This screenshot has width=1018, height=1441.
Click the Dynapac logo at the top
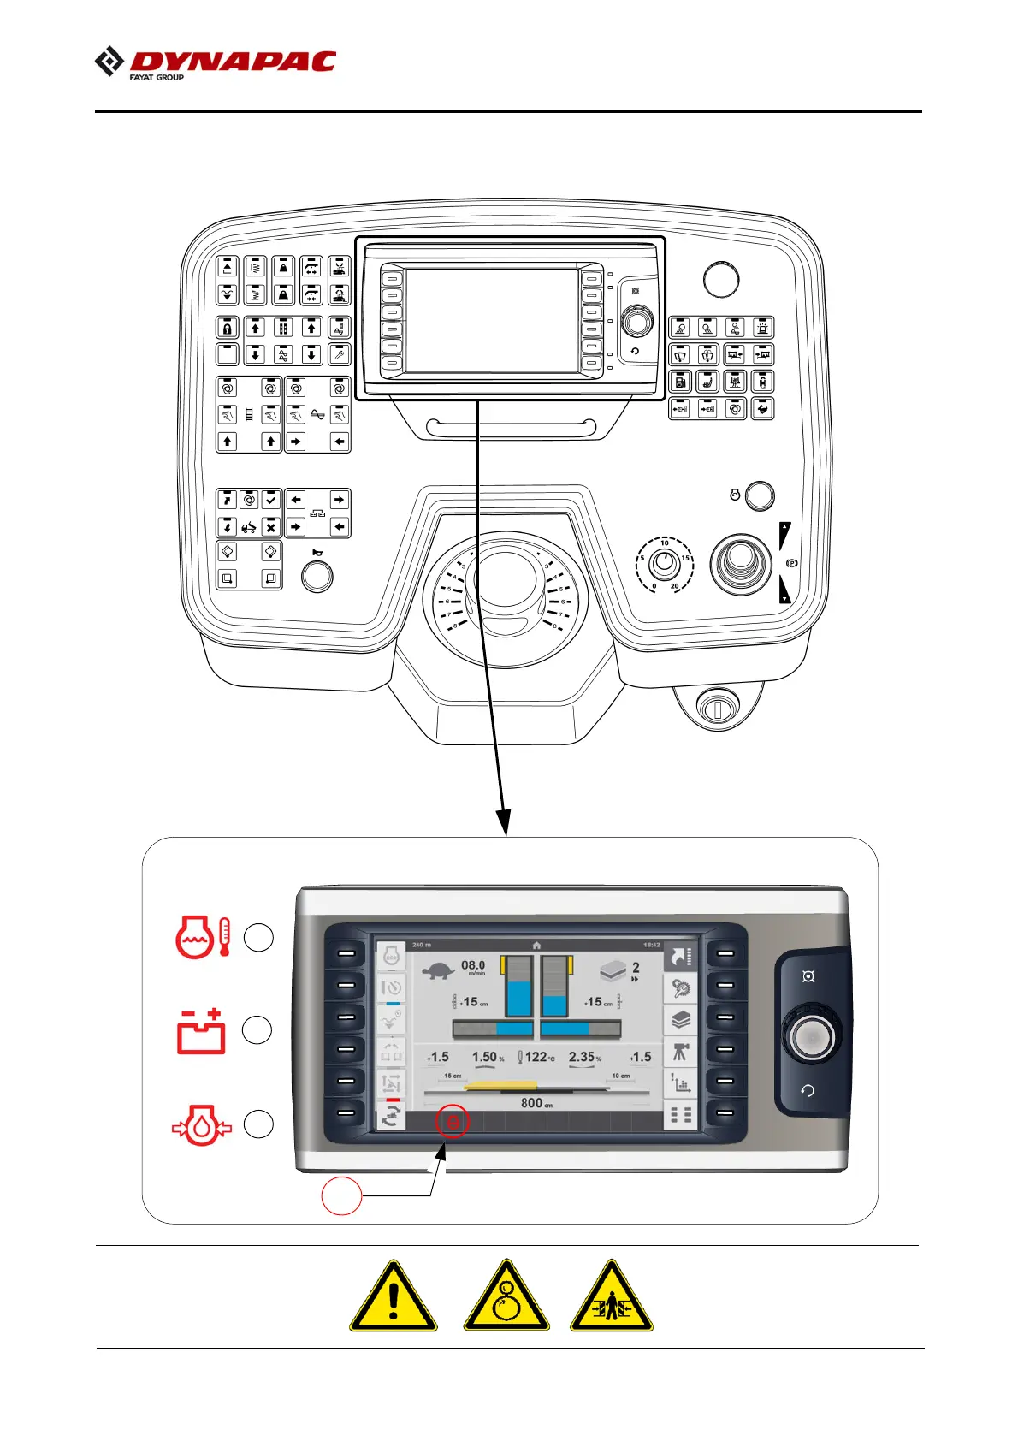216,63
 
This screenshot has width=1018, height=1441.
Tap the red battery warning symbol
201,1030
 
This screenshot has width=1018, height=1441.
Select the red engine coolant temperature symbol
202,937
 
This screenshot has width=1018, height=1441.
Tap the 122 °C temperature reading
536,1057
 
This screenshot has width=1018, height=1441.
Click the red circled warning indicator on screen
453,1121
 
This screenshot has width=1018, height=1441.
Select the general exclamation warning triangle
393,1296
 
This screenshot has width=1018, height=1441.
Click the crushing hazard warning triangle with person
611,1296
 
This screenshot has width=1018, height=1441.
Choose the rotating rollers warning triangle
506,1296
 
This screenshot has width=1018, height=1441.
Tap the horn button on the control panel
317,576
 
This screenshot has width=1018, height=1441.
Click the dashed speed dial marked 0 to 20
665,564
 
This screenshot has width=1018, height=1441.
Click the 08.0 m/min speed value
473,966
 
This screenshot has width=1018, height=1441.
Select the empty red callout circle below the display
341,1195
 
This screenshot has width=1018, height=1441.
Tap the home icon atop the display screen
536,945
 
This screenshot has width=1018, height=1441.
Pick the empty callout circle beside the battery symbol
257,1030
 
